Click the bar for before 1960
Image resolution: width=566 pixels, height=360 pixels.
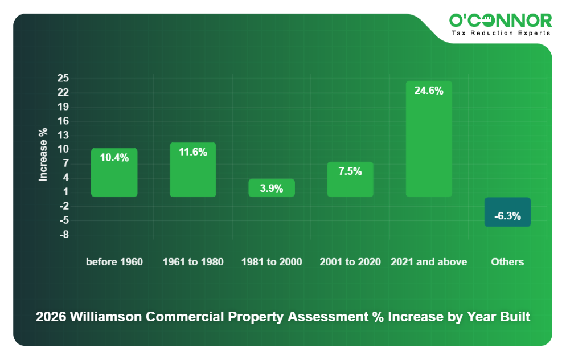coord(114,173)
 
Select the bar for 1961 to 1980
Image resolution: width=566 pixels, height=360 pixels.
coord(192,170)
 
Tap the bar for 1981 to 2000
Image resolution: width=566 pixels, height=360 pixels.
coord(271,188)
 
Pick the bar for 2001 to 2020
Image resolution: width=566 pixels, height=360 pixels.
coord(350,179)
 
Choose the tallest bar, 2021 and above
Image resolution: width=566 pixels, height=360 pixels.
coord(428,139)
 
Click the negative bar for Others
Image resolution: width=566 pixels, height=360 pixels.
coord(507,212)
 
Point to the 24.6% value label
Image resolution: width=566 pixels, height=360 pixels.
coord(428,91)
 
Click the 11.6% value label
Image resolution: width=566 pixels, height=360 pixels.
coord(192,152)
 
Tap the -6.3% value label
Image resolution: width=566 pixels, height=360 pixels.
coord(507,216)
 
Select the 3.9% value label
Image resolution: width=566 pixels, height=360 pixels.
coord(271,189)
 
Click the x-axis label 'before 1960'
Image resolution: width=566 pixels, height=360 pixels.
coord(114,262)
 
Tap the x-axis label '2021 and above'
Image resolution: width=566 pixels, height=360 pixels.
coord(428,262)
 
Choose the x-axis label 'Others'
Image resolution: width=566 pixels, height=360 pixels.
coord(507,262)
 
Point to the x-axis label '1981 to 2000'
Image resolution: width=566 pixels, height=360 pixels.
coord(271,262)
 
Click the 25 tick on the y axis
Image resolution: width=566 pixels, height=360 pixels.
coord(63,78)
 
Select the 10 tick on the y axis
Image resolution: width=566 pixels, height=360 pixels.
coord(63,149)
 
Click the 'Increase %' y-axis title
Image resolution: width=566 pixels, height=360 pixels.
coord(43,155)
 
